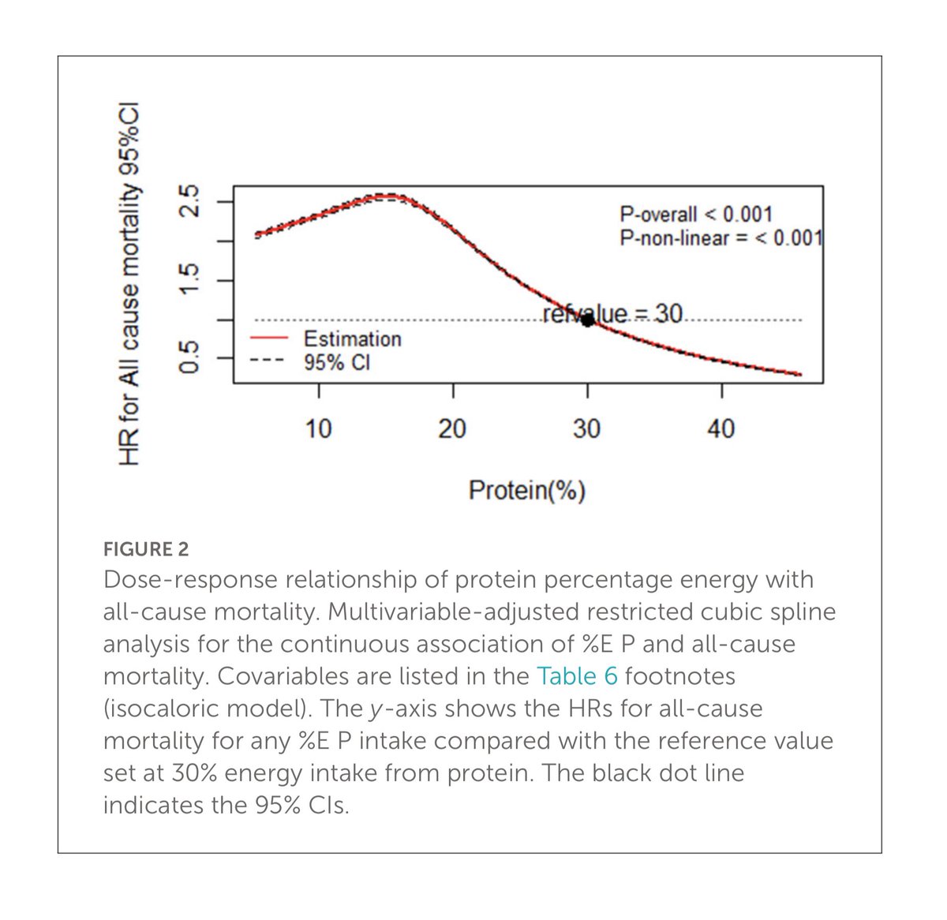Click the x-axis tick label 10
click(x=318, y=428)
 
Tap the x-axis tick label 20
click(x=452, y=428)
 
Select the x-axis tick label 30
click(x=586, y=428)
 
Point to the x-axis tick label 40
click(x=721, y=428)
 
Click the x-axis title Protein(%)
click(x=527, y=490)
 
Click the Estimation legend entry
click(x=352, y=339)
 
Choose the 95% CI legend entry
click(x=337, y=363)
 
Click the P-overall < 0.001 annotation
click(x=695, y=214)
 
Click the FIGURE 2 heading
click(x=146, y=549)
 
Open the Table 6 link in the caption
click(x=578, y=676)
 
